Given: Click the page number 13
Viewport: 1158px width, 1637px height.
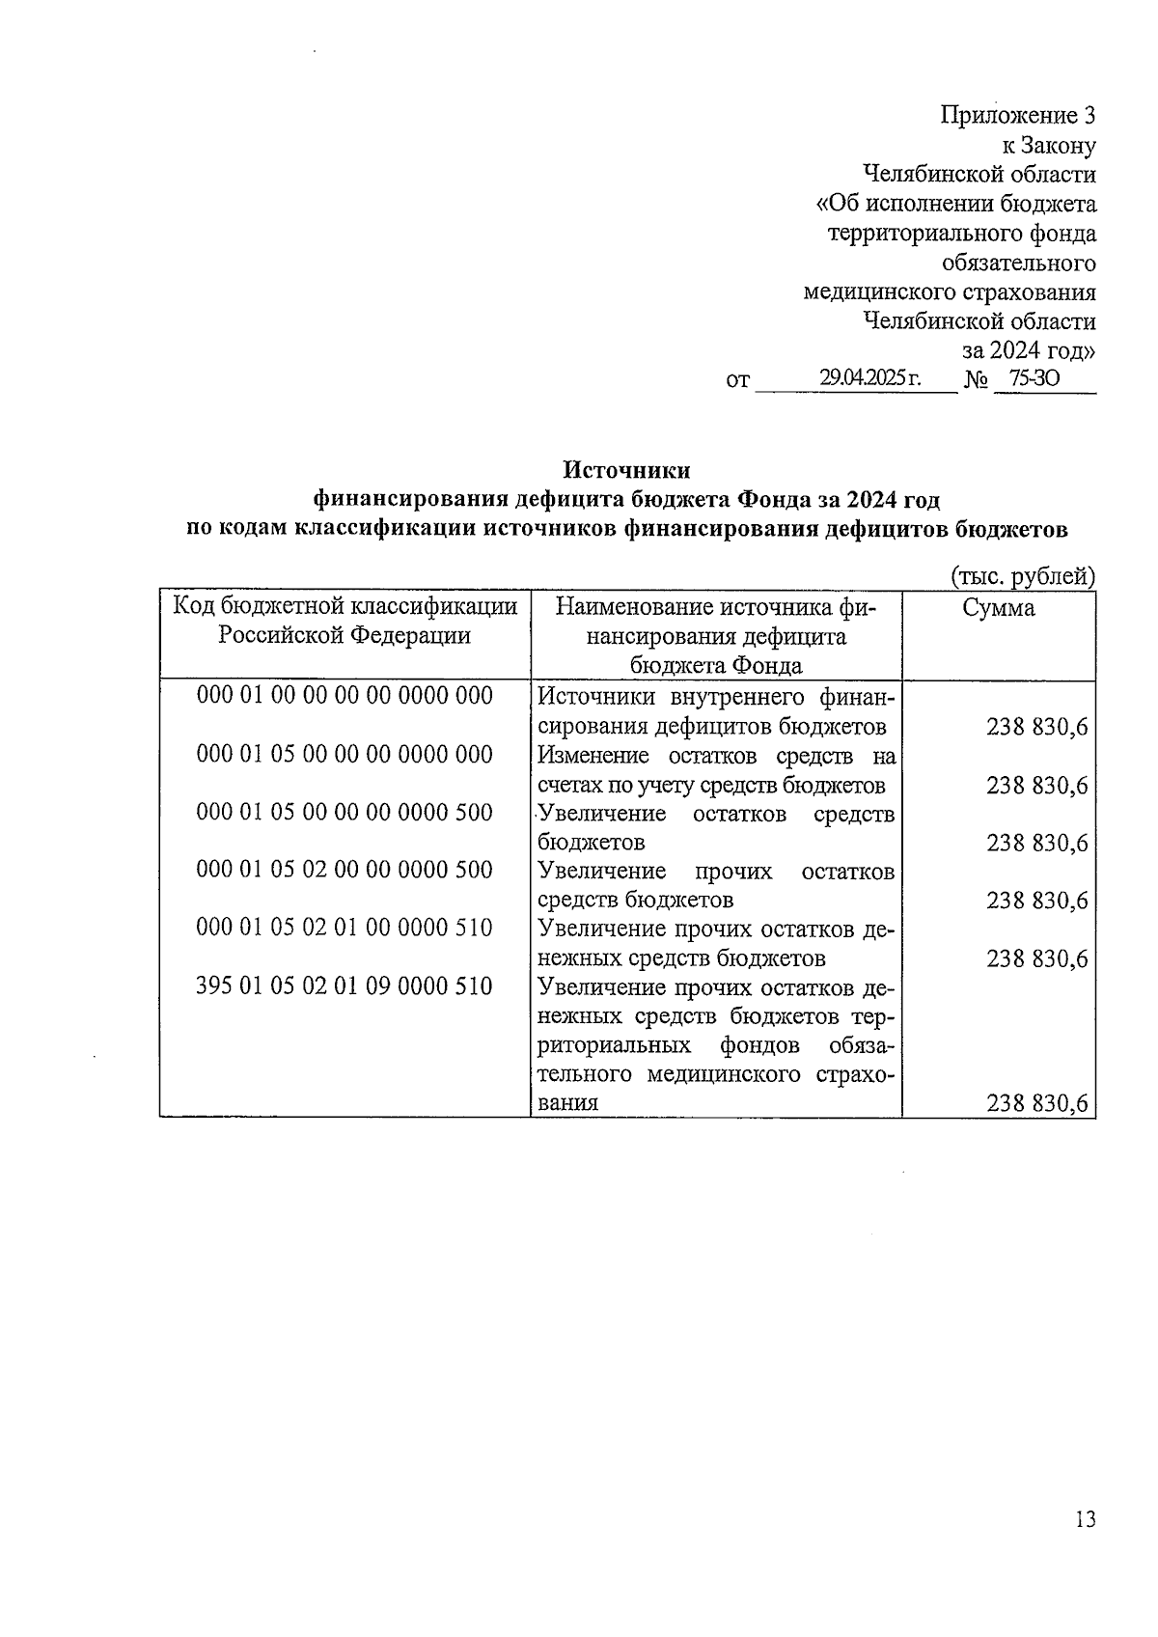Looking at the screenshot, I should (x=1084, y=1520).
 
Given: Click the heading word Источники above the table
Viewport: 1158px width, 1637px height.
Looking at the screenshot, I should (x=626, y=470).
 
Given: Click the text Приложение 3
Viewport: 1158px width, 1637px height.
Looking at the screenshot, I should (x=1018, y=117).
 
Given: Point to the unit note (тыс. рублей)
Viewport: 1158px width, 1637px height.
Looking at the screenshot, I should (x=1023, y=576).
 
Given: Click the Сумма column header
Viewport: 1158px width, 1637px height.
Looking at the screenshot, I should (x=999, y=607).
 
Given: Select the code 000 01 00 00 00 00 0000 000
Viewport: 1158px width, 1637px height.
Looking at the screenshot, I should (x=345, y=695).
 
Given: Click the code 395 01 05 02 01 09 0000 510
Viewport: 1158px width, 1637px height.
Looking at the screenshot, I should (x=345, y=985).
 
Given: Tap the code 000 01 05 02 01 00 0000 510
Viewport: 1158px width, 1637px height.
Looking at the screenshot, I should (x=345, y=928).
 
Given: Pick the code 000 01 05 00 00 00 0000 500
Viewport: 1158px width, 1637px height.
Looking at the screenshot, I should (x=345, y=812).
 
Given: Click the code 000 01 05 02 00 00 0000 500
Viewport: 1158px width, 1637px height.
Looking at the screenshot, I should (x=345, y=870).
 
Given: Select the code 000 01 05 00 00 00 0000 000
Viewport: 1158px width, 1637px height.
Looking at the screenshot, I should (x=345, y=754).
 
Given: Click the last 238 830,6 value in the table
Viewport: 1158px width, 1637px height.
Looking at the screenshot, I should (x=1036, y=1103).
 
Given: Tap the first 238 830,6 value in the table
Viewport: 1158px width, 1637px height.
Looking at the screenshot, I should (x=1036, y=727).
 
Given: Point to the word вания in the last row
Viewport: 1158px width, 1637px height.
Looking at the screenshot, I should (x=568, y=1103).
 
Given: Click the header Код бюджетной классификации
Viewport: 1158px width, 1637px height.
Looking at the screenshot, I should (x=345, y=607).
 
